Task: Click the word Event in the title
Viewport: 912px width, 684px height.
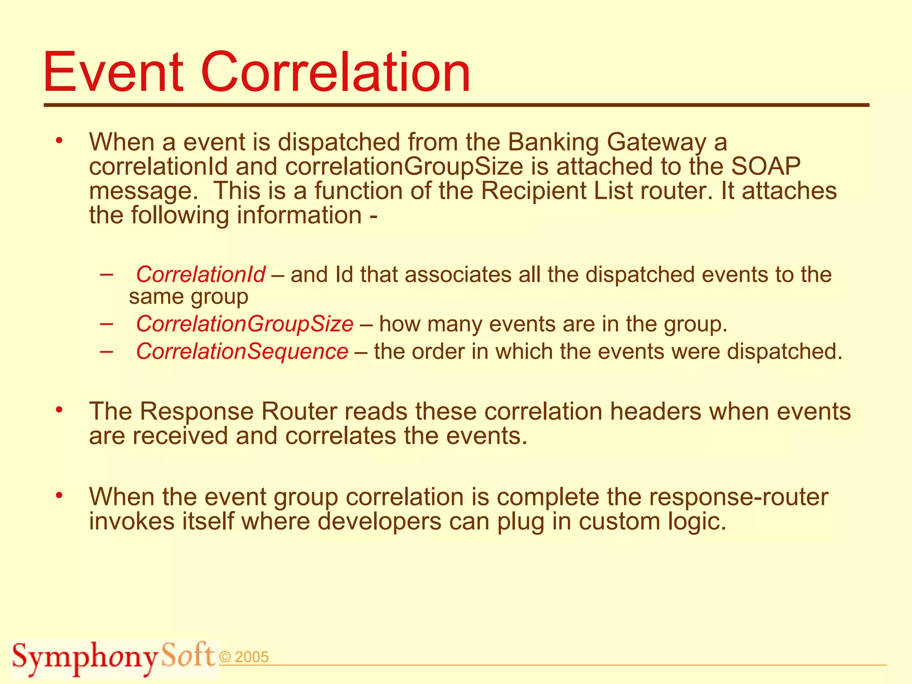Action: [113, 72]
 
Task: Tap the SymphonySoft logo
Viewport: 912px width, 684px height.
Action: [114, 657]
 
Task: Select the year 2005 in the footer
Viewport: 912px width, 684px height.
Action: [251, 657]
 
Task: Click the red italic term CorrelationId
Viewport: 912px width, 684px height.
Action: [200, 274]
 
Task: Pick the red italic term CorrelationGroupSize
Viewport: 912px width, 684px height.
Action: [244, 324]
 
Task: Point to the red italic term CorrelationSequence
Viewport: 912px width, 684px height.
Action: [242, 351]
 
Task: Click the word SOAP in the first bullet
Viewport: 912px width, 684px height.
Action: [765, 166]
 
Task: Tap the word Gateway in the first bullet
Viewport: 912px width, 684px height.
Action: [656, 142]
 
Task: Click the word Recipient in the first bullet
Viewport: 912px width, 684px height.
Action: [557, 191]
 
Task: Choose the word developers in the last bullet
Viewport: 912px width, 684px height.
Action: [379, 521]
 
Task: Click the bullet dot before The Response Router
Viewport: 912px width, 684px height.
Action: [59, 409]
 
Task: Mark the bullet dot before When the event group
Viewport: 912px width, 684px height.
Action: [59, 495]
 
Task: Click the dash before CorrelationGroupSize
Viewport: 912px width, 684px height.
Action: [106, 324]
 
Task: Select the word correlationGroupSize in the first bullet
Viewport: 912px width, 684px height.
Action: [404, 167]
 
